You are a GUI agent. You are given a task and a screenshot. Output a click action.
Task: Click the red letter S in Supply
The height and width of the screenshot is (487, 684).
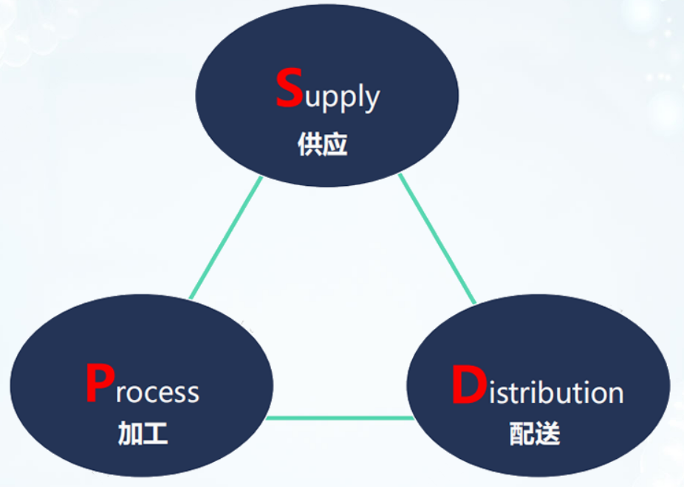(x=290, y=88)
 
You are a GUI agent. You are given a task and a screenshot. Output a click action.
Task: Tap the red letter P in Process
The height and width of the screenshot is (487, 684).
(x=100, y=383)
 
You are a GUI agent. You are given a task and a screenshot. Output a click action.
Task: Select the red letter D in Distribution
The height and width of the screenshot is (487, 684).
(x=469, y=384)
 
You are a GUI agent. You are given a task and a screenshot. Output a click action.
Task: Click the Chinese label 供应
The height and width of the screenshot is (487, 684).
(x=322, y=144)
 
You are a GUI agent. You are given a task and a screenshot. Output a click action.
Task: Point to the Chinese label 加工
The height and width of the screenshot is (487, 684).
(x=143, y=433)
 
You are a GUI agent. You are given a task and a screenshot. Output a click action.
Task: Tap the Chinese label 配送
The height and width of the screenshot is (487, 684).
(x=535, y=433)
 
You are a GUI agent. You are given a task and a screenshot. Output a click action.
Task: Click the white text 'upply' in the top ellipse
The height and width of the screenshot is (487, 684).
(x=343, y=97)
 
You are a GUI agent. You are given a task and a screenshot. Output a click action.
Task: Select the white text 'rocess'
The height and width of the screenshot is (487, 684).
(x=157, y=392)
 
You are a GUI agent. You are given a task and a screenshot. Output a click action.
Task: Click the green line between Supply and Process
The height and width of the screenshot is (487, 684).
(x=226, y=238)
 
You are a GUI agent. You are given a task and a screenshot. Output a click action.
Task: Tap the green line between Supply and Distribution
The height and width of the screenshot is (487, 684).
(x=437, y=239)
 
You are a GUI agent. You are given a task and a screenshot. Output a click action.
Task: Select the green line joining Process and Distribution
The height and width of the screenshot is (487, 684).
(x=340, y=418)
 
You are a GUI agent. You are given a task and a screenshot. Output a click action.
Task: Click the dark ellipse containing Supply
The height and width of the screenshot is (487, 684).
(x=327, y=44)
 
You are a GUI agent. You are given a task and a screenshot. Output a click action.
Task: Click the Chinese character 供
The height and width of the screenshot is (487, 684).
(x=309, y=144)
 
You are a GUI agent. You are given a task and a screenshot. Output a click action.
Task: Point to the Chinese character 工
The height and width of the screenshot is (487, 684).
(x=156, y=433)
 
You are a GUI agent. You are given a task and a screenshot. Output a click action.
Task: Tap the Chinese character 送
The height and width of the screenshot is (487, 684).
(x=548, y=433)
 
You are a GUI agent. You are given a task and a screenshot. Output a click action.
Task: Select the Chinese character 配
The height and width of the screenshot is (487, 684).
(x=522, y=433)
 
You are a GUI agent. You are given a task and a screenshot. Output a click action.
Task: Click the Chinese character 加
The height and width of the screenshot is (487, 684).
(x=130, y=433)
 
